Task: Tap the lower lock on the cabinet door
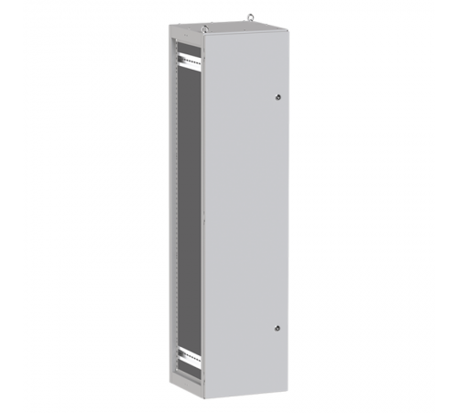277,328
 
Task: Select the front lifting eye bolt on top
205,28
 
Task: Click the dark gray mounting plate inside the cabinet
188,211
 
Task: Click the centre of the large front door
245,216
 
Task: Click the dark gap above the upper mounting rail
187,50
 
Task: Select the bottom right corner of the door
286,389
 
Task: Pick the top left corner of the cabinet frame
169,28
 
